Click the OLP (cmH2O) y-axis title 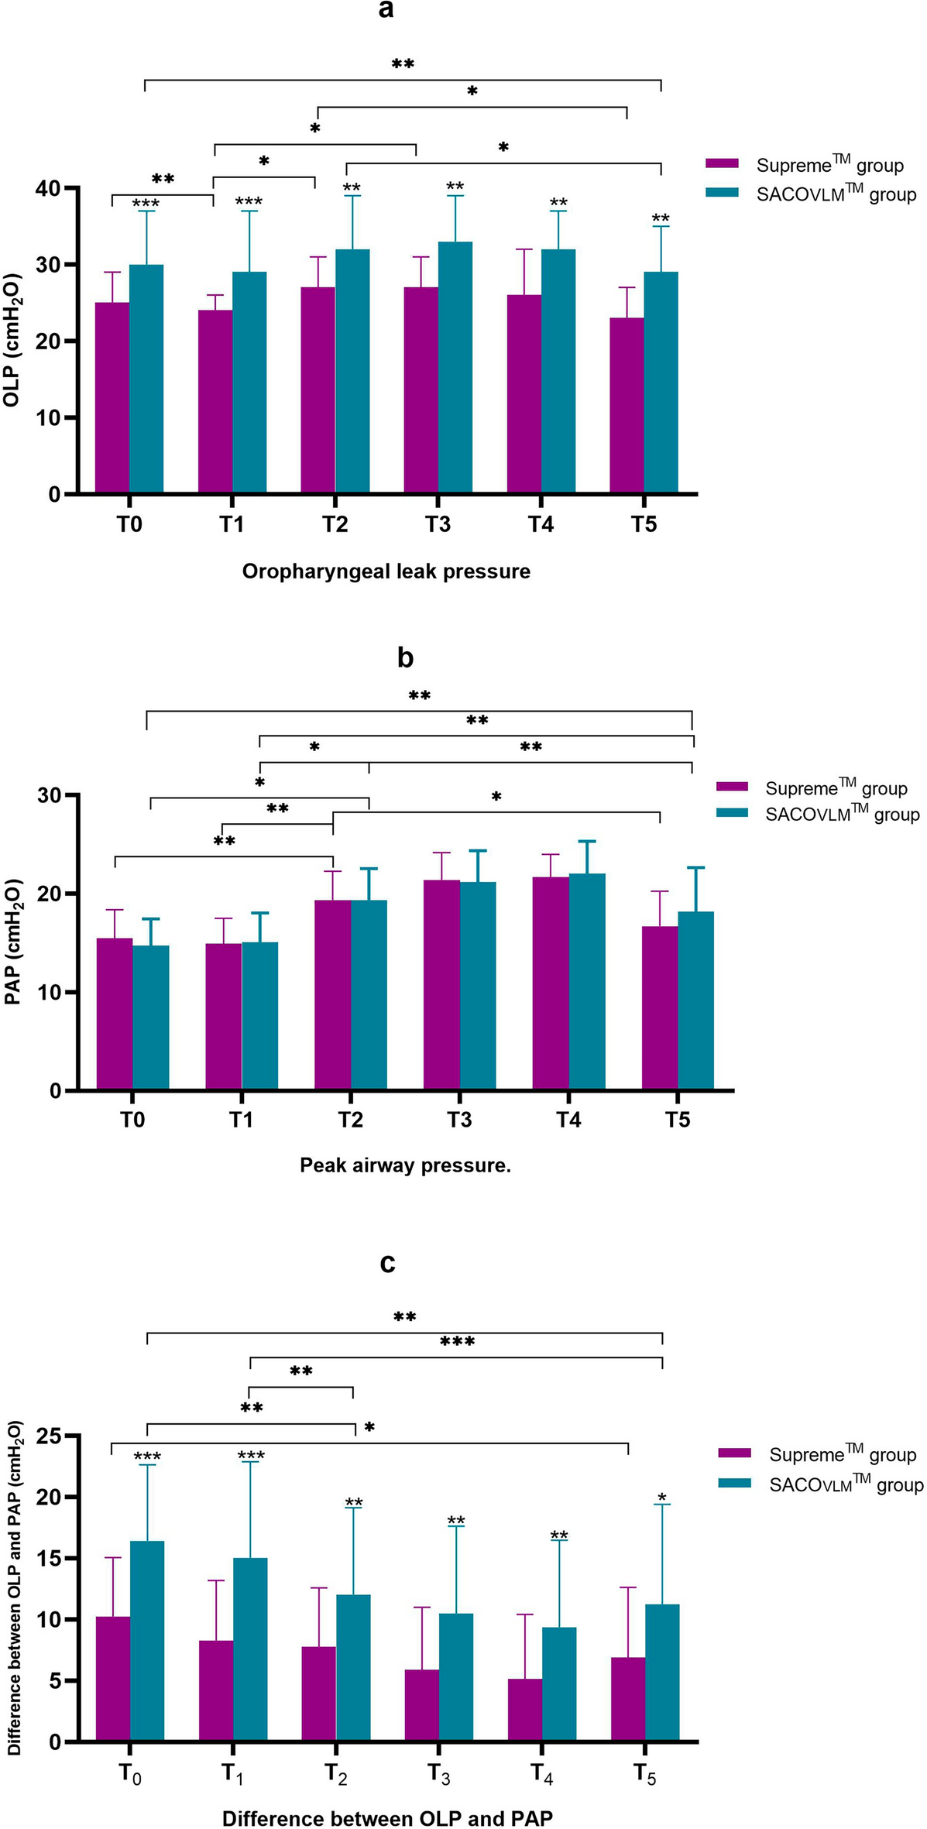coord(12,341)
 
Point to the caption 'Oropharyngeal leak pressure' coord(386,571)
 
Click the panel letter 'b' coord(404,657)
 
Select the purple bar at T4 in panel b coord(551,983)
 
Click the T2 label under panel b coord(350,1120)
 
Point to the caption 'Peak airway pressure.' coord(405,1165)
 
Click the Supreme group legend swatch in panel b coord(732,787)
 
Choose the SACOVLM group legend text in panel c coord(846,1484)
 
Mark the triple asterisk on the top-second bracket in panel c coord(457,1341)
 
